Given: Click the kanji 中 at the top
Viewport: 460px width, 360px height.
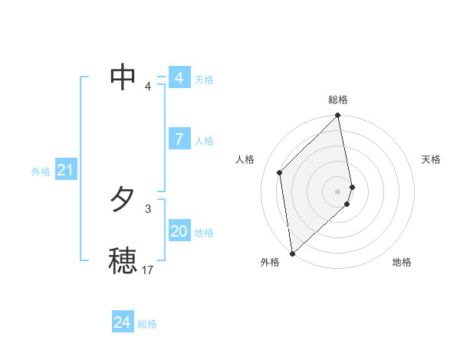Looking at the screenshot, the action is pyautogui.click(x=123, y=76).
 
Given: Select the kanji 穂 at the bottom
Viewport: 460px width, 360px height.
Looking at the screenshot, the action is pyautogui.click(x=123, y=260).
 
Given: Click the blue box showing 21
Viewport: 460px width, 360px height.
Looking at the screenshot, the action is pyautogui.click(x=64, y=171).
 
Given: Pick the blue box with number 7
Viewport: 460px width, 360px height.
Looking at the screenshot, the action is pyautogui.click(x=179, y=139).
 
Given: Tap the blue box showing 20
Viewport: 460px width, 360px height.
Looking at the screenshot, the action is pyautogui.click(x=179, y=232).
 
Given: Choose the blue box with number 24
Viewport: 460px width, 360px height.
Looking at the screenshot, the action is pyautogui.click(x=122, y=322).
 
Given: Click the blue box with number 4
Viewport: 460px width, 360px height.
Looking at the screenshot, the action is pyautogui.click(x=179, y=78).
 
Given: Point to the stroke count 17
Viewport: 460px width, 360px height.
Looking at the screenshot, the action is pyautogui.click(x=148, y=270).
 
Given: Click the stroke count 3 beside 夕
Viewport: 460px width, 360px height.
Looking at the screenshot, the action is pyautogui.click(x=148, y=208).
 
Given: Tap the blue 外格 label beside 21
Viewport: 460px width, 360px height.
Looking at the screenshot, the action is pyautogui.click(x=41, y=172).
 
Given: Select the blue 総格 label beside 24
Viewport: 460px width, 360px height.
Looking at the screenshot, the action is pyautogui.click(x=147, y=324).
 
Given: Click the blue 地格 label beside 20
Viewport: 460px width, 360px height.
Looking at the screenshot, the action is pyautogui.click(x=204, y=233).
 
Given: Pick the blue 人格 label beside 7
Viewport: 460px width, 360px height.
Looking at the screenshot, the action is pyautogui.click(x=204, y=141).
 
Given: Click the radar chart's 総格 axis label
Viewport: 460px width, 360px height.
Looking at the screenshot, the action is pyautogui.click(x=338, y=100).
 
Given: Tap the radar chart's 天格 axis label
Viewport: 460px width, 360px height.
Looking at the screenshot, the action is pyautogui.click(x=431, y=159).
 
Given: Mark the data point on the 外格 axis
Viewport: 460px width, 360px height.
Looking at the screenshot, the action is pyautogui.click(x=292, y=254).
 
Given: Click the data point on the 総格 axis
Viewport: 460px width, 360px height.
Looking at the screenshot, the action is pyautogui.click(x=338, y=116).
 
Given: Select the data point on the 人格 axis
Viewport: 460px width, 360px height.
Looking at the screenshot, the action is pyautogui.click(x=280, y=172).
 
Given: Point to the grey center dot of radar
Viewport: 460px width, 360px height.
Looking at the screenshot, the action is pyautogui.click(x=337, y=191).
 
